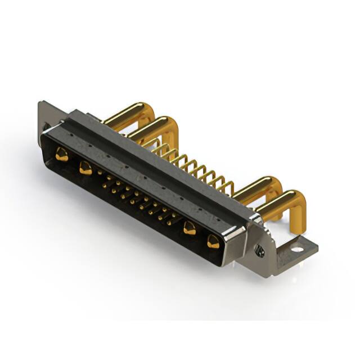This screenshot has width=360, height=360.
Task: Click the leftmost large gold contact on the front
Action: click(61, 154)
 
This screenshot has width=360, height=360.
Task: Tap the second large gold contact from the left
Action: click(85, 167)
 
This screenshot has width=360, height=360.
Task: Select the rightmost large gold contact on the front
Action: click(214, 242)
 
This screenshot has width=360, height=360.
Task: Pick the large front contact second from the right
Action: click(190, 228)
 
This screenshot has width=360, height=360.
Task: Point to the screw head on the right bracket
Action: click(259, 251)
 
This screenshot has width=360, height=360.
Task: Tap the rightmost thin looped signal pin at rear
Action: click(228, 186)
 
